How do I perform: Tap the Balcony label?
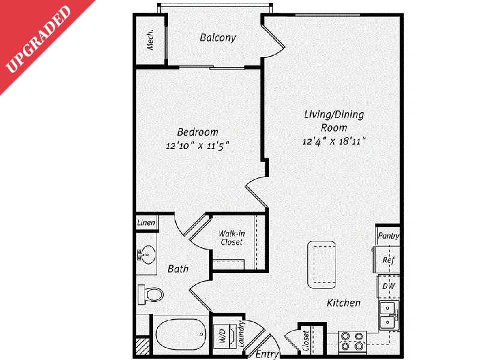pos(218,38)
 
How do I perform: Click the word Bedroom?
pos(197,132)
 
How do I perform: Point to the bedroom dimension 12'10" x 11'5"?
pos(197,145)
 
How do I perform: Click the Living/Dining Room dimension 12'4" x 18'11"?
pos(335,142)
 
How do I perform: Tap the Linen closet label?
pos(147,223)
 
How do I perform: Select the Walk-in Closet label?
pos(231,238)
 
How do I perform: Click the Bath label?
pos(178,269)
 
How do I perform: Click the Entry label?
pos(267,355)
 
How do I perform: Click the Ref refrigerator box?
pos(388,260)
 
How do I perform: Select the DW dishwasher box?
pos(388,286)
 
